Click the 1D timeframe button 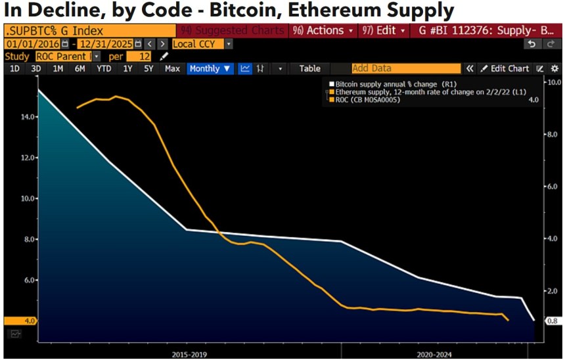(14, 68)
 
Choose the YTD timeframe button (104, 68)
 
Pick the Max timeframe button (173, 68)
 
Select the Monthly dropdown (210, 68)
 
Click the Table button (309, 68)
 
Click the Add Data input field (396, 68)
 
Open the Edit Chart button (505, 68)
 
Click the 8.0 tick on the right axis (553, 135)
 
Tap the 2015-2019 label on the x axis (191, 355)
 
